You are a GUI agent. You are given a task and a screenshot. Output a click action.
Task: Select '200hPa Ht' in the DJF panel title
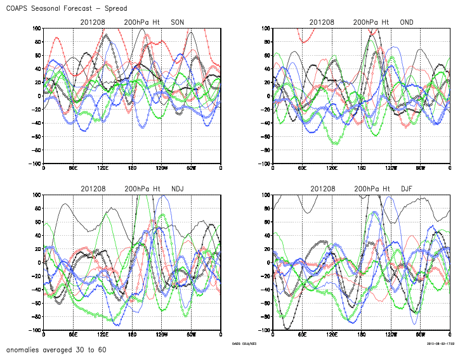pyautogui.click(x=372, y=189)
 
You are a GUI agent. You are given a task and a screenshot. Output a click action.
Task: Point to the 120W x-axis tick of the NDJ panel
pyautogui.click(x=161, y=335)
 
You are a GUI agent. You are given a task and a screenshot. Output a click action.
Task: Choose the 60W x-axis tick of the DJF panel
pyautogui.click(x=420, y=335)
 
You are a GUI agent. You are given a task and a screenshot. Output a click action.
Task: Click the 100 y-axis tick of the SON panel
pyautogui.click(x=37, y=29)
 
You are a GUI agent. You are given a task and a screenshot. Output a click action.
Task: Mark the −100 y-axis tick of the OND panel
pyautogui.click(x=263, y=164)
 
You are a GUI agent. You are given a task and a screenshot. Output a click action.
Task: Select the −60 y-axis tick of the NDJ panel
pyautogui.click(x=36, y=303)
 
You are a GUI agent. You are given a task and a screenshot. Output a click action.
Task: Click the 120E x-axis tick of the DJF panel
pyautogui.click(x=332, y=335)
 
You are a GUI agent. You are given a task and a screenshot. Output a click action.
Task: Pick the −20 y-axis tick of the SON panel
pyautogui.click(x=36, y=110)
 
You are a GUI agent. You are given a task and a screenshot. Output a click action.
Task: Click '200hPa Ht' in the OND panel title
pyautogui.click(x=372, y=22)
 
